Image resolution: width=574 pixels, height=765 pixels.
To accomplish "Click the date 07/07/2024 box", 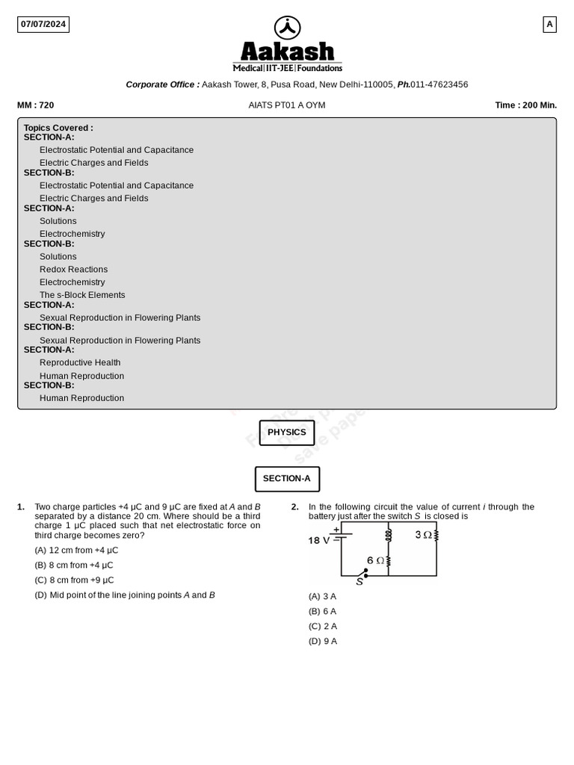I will [43, 24].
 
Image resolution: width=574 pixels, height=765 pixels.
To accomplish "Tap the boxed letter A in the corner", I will [549, 24].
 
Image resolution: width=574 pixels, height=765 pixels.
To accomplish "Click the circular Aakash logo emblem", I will [287, 28].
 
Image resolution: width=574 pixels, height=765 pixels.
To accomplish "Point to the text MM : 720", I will [36, 105].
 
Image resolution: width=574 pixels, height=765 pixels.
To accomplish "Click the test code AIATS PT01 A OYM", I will [287, 105].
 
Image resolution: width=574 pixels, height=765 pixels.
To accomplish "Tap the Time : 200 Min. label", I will [525, 105].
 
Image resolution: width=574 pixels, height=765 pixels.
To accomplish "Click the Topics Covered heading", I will [58, 128].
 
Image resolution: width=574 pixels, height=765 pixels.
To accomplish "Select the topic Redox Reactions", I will [73, 269].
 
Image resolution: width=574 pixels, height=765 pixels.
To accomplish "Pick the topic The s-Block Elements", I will [82, 295].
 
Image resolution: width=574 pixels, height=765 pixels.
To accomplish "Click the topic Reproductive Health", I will [80, 362].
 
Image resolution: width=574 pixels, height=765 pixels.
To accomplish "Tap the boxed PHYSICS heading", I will [287, 433].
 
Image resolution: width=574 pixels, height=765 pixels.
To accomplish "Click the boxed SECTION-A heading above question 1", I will [287, 479].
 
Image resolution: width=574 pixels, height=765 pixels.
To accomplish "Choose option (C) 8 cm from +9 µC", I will [75, 580].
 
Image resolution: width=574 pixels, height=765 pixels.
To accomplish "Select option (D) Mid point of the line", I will [125, 595].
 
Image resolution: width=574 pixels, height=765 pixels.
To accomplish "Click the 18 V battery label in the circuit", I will [319, 540].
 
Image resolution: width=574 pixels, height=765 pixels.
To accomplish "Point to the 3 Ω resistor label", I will [423, 535].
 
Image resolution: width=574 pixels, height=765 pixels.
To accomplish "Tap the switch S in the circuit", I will [362, 576].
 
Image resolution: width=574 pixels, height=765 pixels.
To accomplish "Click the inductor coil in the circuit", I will [389, 535].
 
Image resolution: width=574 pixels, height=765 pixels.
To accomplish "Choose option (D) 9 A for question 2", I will [323, 641].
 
